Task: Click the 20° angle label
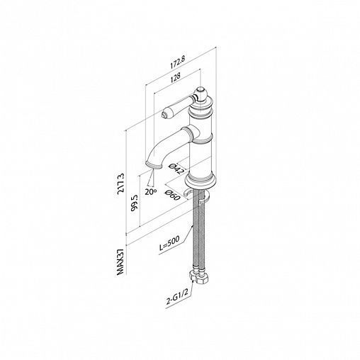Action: pos(151,192)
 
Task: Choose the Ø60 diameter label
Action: pos(173,195)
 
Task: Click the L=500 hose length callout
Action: pos(169,243)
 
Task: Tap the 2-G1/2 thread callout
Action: pos(176,298)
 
